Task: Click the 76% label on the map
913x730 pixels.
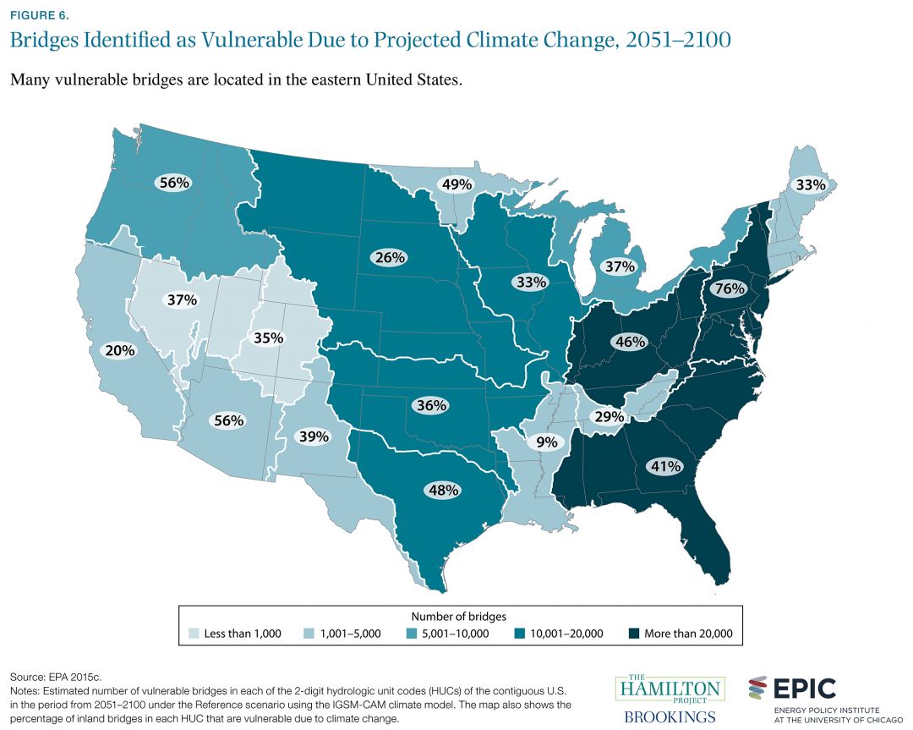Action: pyautogui.click(x=728, y=288)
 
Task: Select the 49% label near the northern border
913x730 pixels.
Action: pyautogui.click(x=454, y=184)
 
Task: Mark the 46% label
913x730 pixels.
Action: pyautogui.click(x=630, y=342)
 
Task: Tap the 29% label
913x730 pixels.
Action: pyautogui.click(x=609, y=417)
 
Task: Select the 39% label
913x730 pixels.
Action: pyautogui.click(x=313, y=436)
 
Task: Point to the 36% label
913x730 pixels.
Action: pyautogui.click(x=430, y=405)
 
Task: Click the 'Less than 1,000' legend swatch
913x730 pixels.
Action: pyautogui.click(x=195, y=634)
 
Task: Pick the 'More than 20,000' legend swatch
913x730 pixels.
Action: pyautogui.click(x=633, y=634)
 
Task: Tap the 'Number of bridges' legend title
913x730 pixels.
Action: pyautogui.click(x=457, y=616)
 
